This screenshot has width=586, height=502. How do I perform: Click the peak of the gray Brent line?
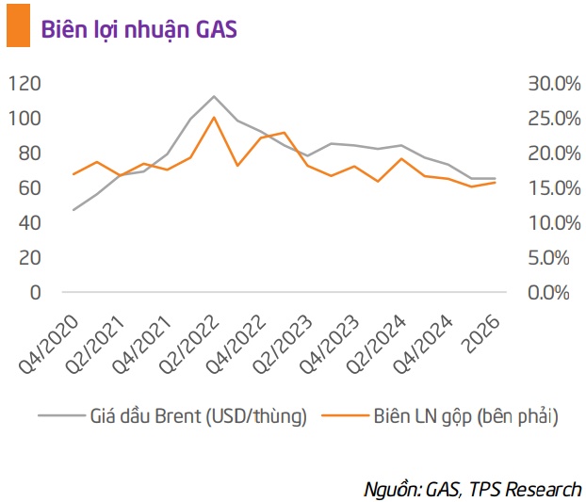214,96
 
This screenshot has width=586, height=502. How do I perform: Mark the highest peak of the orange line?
214,118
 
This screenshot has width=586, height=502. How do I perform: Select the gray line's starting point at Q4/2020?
73,209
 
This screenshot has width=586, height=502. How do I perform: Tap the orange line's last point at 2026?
496,183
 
